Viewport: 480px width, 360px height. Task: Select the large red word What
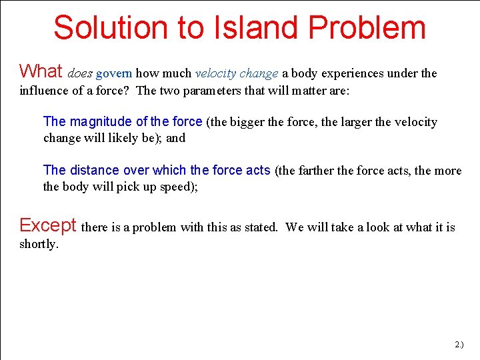(41, 71)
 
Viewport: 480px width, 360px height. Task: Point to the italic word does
(80, 73)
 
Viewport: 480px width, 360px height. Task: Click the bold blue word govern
(114, 73)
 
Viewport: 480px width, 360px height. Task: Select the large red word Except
(48, 225)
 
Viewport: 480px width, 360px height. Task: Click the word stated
(259, 227)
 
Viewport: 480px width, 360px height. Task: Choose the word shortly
(39, 244)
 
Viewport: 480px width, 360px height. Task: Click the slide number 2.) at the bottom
(459, 345)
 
